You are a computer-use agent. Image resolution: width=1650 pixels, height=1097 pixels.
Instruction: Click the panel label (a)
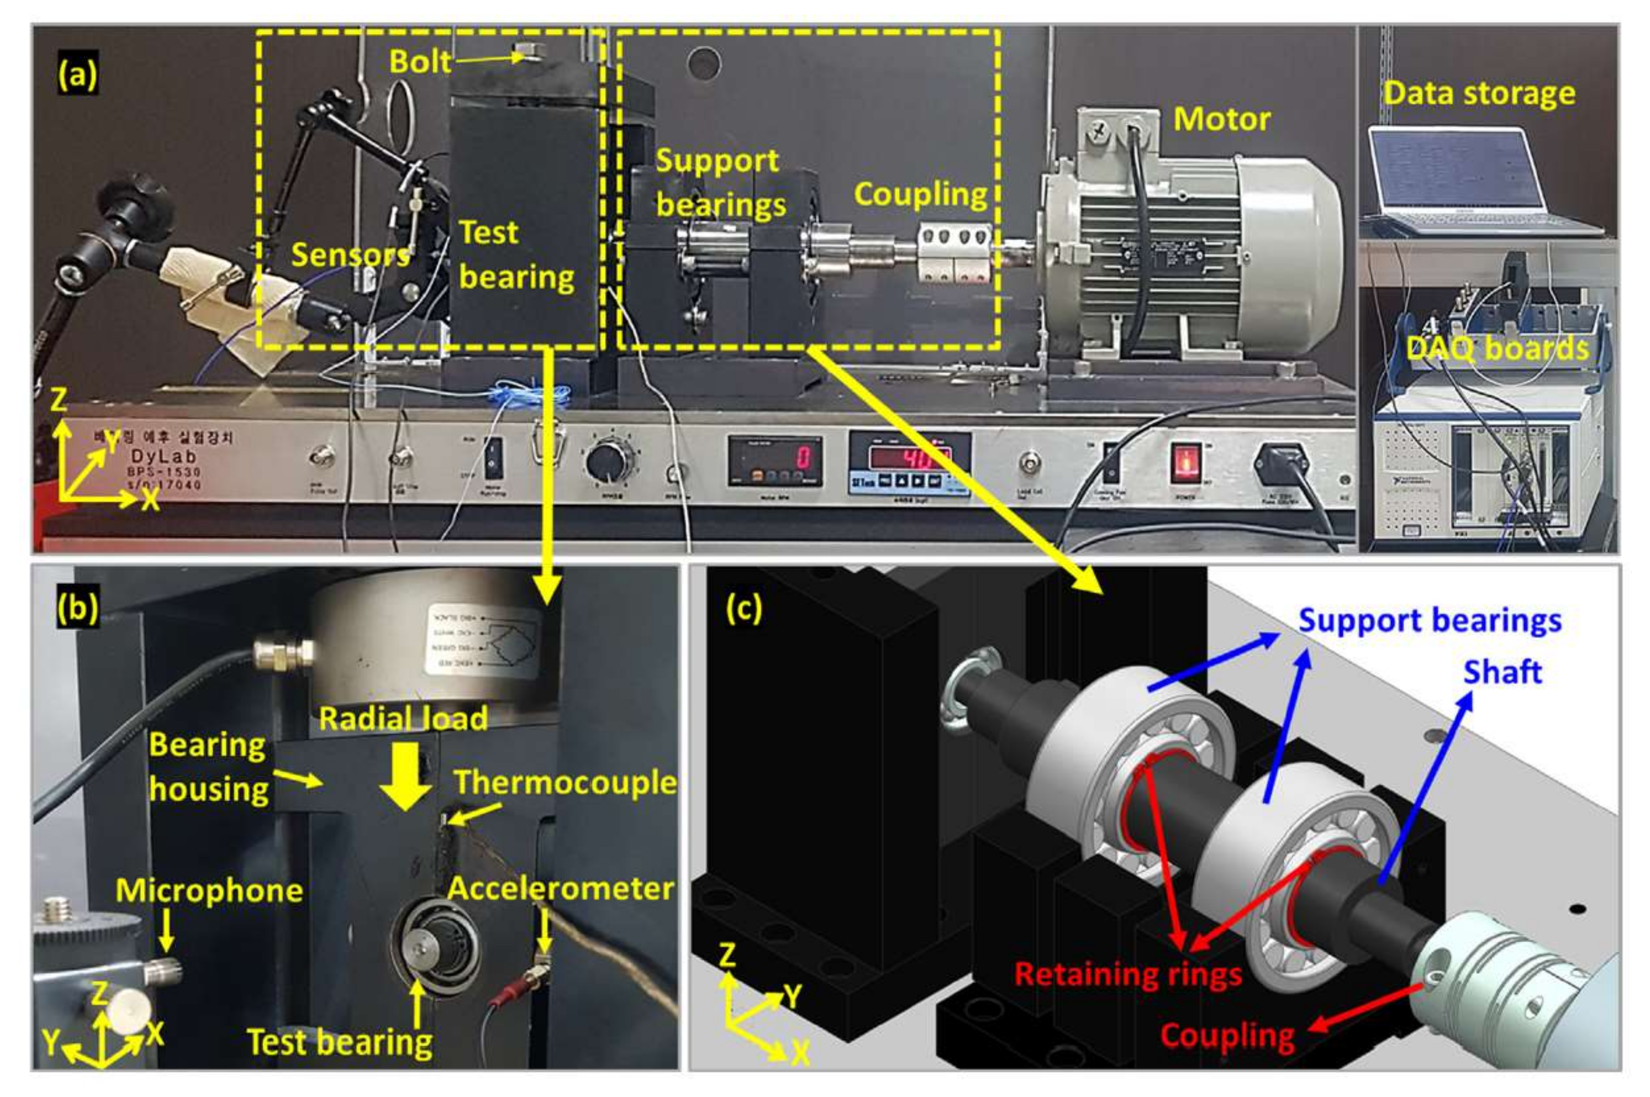[77, 74]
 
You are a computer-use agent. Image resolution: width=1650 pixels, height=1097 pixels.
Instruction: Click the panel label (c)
[743, 609]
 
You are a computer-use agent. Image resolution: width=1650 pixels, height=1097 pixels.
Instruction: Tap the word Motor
[1221, 120]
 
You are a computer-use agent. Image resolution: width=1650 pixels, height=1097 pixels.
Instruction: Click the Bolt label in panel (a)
[420, 61]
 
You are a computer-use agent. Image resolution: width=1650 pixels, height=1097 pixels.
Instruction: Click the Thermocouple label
[564, 781]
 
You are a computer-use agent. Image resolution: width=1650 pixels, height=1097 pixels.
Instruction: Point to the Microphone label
[209, 891]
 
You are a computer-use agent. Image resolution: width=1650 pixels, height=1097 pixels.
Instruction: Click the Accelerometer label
[560, 889]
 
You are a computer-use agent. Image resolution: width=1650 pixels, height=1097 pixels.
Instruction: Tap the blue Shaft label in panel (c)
[1502, 672]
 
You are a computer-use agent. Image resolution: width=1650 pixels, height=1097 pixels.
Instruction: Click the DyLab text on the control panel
[164, 456]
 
